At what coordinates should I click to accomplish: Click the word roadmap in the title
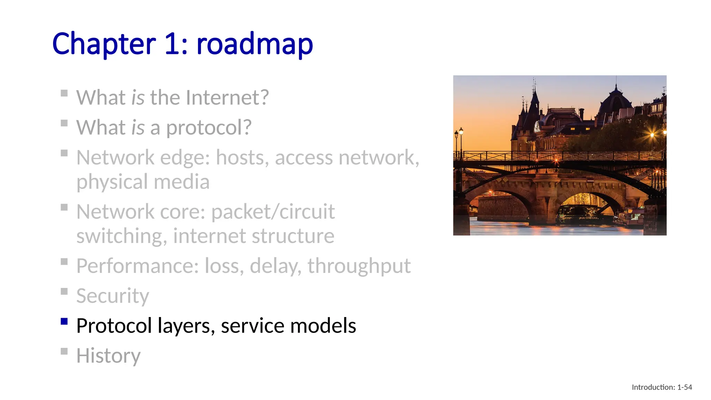(x=254, y=44)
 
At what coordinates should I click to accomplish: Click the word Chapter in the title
(x=104, y=44)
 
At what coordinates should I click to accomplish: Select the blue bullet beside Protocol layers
(x=64, y=321)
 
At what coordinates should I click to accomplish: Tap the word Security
(x=112, y=296)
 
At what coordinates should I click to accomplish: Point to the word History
(x=108, y=356)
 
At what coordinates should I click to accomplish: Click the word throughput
(x=359, y=266)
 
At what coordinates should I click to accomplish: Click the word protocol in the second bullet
(x=208, y=128)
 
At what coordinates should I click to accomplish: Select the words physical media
(x=143, y=182)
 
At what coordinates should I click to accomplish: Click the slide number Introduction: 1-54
(x=662, y=387)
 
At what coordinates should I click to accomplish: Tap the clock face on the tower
(x=537, y=126)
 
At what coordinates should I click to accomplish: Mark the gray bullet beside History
(x=64, y=351)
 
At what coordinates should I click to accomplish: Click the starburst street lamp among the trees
(x=652, y=135)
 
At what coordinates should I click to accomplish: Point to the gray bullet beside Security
(x=64, y=291)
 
